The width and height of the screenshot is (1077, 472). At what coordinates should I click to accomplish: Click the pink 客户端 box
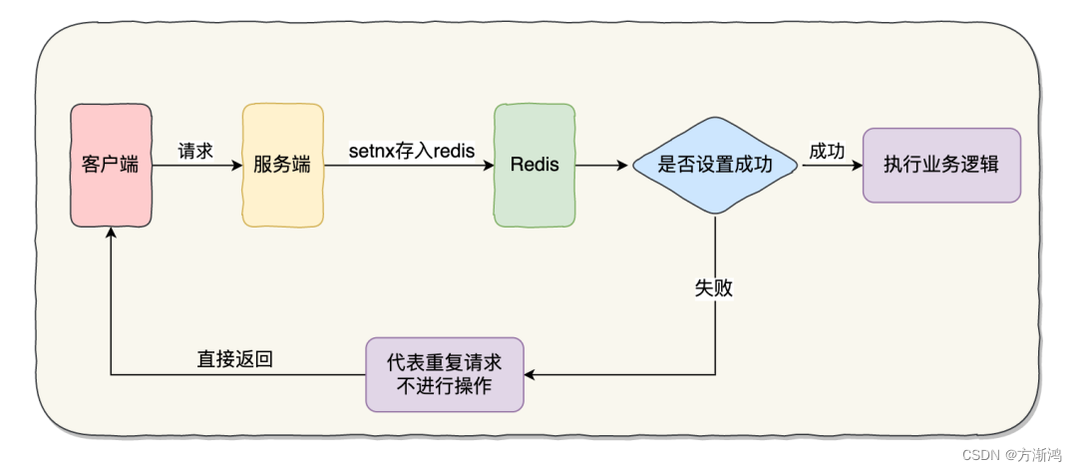110,165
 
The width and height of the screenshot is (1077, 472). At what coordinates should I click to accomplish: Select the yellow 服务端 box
282,165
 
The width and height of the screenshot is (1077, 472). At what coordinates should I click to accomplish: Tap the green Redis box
535,165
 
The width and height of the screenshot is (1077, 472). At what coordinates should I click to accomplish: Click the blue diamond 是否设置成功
715,166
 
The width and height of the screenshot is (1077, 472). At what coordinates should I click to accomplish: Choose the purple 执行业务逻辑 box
940,166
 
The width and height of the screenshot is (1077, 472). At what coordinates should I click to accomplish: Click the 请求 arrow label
195,151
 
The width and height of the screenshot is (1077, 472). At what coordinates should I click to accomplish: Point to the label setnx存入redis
411,151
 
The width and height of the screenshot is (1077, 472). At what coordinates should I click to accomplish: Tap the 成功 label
827,151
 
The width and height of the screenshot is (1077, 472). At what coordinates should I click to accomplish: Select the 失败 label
714,288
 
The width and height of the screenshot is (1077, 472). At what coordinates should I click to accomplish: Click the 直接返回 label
235,359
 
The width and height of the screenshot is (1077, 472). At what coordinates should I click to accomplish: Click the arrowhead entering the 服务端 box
236,166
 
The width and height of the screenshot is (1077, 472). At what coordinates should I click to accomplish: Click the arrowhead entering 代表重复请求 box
531,375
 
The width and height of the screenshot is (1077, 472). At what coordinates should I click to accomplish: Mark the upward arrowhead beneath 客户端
111,232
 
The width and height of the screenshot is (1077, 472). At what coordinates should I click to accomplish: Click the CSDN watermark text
961,454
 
